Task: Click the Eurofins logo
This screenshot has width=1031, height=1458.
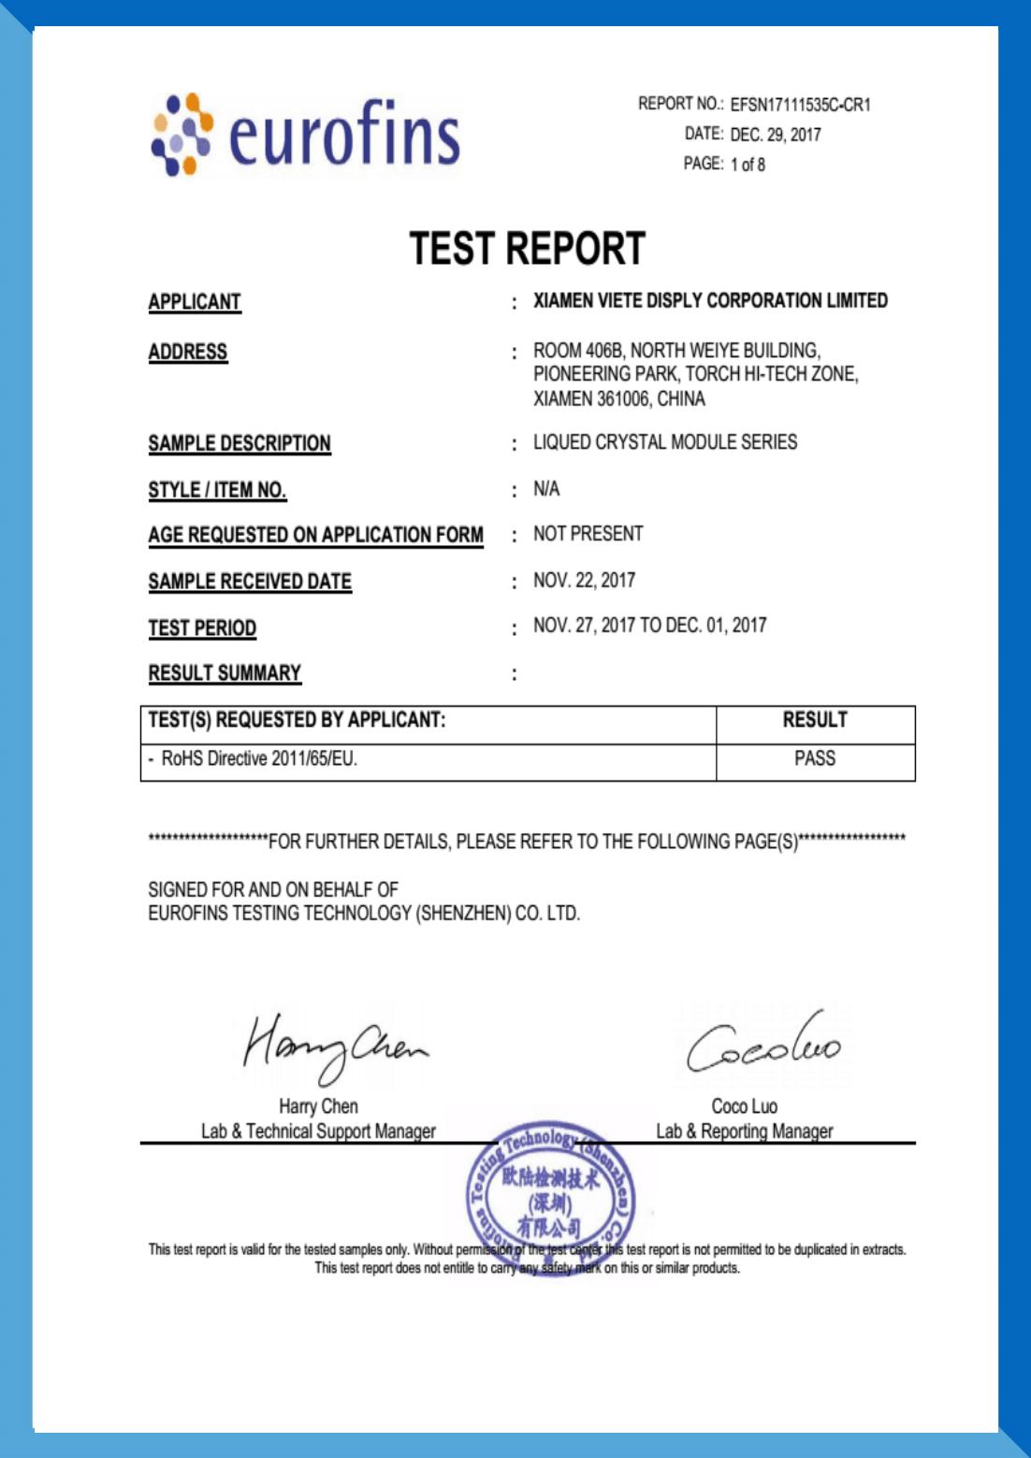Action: click(x=306, y=135)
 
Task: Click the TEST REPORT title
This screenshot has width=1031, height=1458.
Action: click(x=528, y=249)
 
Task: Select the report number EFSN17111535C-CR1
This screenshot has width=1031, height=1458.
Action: click(x=800, y=105)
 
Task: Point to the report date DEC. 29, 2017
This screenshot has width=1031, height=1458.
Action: click(x=776, y=135)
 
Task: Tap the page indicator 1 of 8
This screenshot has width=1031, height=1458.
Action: click(x=748, y=165)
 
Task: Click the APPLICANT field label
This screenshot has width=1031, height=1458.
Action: click(x=195, y=302)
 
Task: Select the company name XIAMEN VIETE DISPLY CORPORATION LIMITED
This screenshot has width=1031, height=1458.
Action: click(x=710, y=301)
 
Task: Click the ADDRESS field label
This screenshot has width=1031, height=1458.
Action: click(x=188, y=352)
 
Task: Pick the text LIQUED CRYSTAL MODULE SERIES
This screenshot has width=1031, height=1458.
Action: click(x=665, y=442)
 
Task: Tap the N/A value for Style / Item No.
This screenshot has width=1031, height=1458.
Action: click(x=546, y=489)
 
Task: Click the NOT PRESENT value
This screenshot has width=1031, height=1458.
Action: click(x=588, y=534)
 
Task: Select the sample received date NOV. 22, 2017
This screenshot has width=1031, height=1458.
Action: click(x=584, y=581)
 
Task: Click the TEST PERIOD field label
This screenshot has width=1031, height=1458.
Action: click(x=202, y=628)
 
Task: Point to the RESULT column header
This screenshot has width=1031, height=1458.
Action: click(x=815, y=720)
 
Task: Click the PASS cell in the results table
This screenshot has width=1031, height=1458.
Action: click(x=815, y=758)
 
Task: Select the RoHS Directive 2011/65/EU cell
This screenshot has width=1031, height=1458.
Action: click(x=258, y=758)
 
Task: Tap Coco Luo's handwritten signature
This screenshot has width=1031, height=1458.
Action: click(x=762, y=1046)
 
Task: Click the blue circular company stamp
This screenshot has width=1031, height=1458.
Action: click(x=550, y=1188)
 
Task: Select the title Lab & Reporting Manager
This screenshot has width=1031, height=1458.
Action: click(x=744, y=1132)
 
